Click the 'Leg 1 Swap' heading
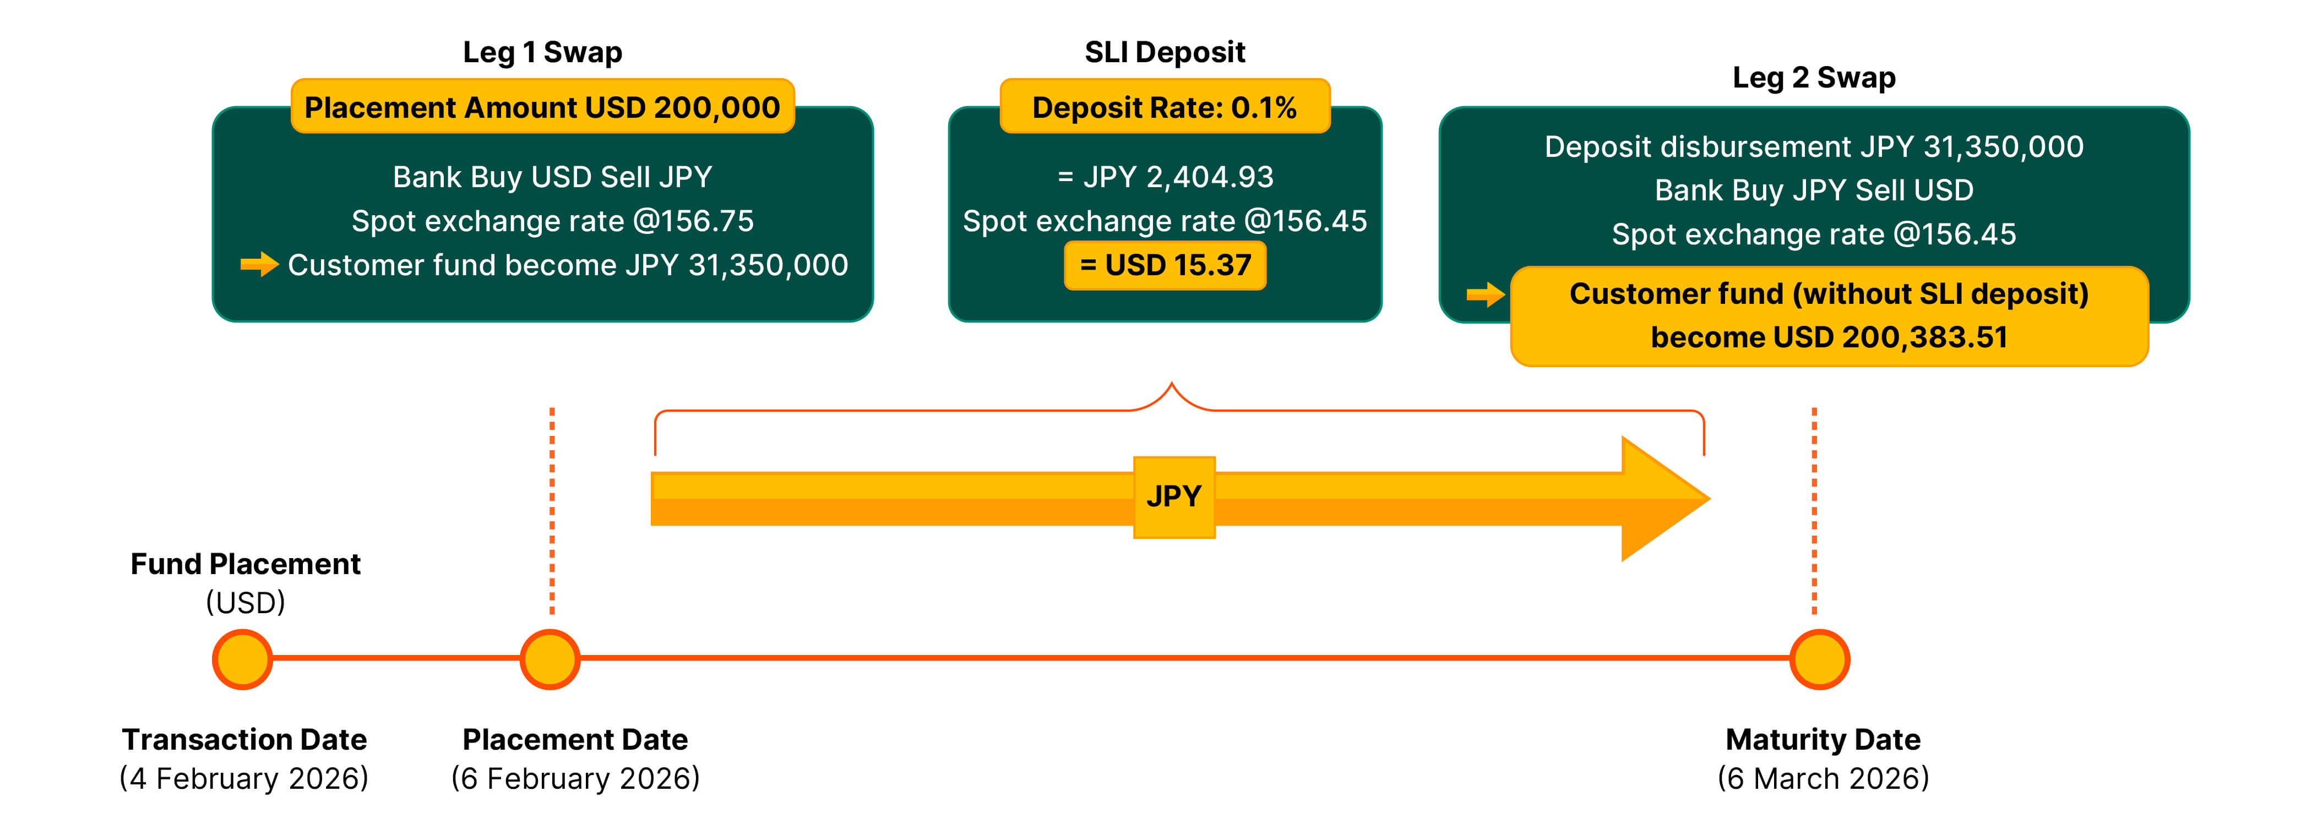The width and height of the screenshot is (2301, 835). [542, 52]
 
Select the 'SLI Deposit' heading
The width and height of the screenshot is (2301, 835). [1164, 52]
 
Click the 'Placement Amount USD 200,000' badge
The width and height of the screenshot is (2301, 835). [542, 107]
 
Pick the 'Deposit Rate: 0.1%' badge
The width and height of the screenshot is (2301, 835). [1164, 107]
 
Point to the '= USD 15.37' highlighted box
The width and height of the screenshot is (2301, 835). [1165, 265]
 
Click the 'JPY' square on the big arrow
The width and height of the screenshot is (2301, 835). [1174, 496]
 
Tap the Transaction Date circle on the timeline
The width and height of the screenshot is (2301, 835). [242, 659]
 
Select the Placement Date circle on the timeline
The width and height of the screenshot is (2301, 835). [550, 659]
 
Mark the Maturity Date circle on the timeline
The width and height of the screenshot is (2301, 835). [1820, 659]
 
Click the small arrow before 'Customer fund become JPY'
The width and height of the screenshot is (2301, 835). [259, 264]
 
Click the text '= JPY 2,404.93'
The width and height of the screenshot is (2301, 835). [1165, 177]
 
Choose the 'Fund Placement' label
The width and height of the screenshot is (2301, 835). [245, 564]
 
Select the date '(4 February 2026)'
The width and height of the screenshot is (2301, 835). [244, 778]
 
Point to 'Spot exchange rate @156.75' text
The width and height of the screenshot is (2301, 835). [552, 221]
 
